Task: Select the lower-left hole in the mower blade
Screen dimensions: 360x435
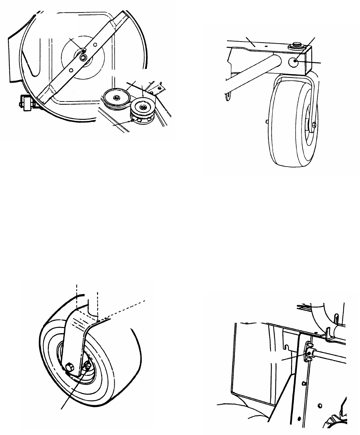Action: pos(70,70)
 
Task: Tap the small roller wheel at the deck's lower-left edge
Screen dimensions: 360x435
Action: pos(25,104)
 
